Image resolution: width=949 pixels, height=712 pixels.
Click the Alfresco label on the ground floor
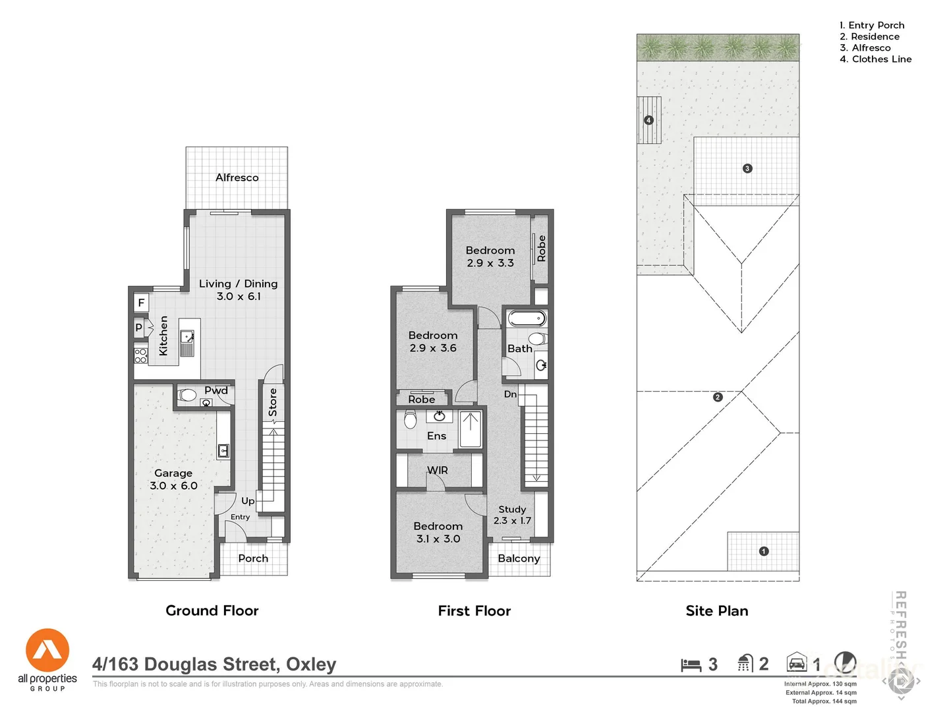[x=237, y=177]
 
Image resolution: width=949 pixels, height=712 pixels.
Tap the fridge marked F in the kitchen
[x=141, y=303]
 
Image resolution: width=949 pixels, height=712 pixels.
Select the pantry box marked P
[x=138, y=327]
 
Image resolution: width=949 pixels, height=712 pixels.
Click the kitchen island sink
[x=188, y=336]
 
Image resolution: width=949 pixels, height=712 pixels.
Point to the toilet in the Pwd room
[x=187, y=396]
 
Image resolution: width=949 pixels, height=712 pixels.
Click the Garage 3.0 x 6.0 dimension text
[x=173, y=486]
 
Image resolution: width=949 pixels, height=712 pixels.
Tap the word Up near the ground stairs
[x=248, y=501]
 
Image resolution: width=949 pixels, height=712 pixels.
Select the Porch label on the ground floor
[x=253, y=558]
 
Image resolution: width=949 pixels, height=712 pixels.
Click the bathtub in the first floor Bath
[x=527, y=319]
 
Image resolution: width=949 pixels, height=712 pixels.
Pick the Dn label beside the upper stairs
[x=510, y=394]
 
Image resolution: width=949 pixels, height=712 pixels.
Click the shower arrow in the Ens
[x=470, y=429]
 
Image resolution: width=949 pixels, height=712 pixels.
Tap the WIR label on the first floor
[x=438, y=470]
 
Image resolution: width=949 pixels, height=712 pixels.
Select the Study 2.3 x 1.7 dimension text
[x=512, y=521]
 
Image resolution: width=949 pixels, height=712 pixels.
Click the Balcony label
[x=519, y=558]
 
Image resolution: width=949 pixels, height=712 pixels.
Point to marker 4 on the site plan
[x=648, y=120]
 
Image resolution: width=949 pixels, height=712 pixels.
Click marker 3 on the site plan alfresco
[x=747, y=168]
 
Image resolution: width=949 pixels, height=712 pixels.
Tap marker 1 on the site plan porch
[x=764, y=551]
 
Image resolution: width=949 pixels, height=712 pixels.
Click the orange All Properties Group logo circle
[x=47, y=650]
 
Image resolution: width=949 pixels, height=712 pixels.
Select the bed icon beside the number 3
[x=691, y=665]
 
